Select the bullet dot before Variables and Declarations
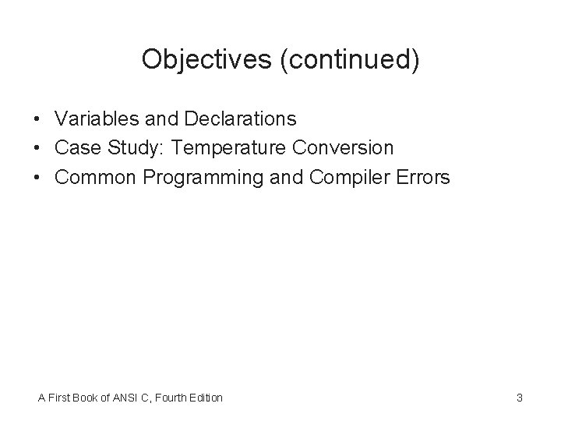[x=37, y=119]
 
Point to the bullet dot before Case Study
[x=37, y=148]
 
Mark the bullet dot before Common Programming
[x=37, y=178]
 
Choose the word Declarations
[x=240, y=119]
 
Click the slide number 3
[x=519, y=398]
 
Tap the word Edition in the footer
[x=206, y=398]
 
